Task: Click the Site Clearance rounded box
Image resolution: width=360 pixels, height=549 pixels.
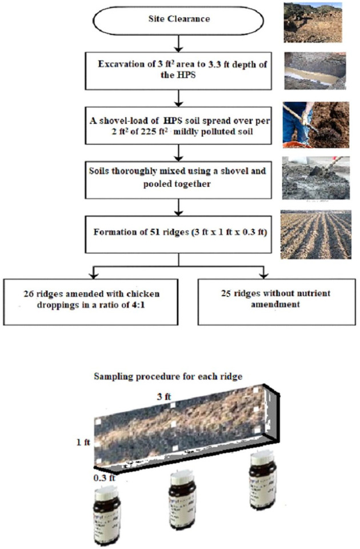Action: [x=179, y=19]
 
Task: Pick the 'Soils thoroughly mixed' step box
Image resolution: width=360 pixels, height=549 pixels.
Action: [x=179, y=178]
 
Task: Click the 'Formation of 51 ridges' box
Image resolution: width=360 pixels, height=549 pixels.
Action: [x=179, y=233]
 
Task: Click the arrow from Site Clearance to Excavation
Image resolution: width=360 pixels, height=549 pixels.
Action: [x=179, y=43]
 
